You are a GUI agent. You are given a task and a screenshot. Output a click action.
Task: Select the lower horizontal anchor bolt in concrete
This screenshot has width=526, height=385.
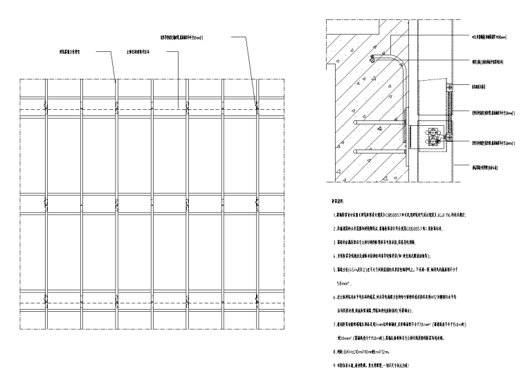click(381, 150)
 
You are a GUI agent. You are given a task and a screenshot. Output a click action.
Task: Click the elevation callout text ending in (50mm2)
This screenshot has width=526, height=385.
click(187, 36)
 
